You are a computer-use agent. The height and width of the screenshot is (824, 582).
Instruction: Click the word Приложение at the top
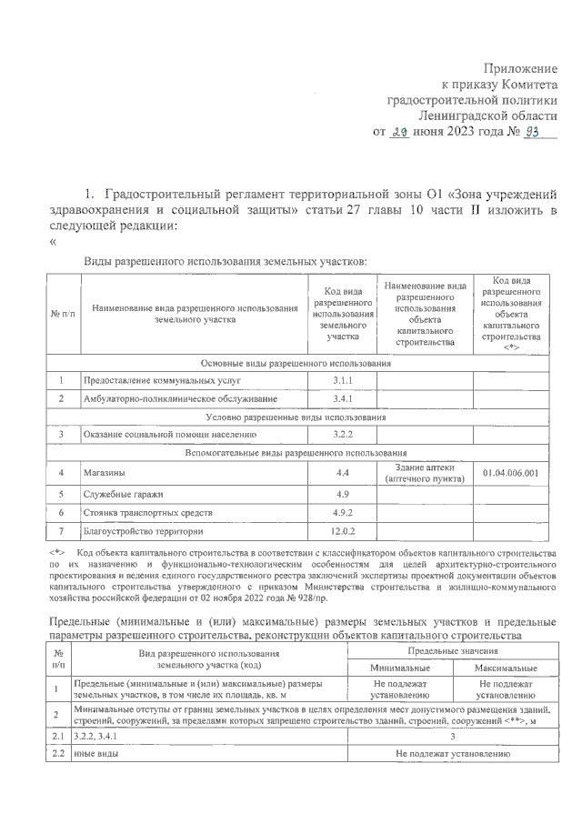pyautogui.click(x=521, y=68)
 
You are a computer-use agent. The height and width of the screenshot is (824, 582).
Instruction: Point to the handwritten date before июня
pyautogui.click(x=398, y=131)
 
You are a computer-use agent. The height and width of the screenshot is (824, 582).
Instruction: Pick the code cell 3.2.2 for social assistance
pyautogui.click(x=342, y=435)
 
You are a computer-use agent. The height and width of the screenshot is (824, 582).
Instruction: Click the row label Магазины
pyautogui.click(x=105, y=473)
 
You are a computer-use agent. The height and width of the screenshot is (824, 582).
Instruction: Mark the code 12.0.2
pyautogui.click(x=342, y=531)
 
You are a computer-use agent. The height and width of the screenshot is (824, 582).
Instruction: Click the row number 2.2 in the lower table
pyautogui.click(x=57, y=755)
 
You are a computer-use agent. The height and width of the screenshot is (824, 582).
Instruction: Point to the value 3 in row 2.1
pyautogui.click(x=452, y=738)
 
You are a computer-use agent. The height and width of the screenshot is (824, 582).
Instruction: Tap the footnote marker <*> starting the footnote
pyautogui.click(x=56, y=552)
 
